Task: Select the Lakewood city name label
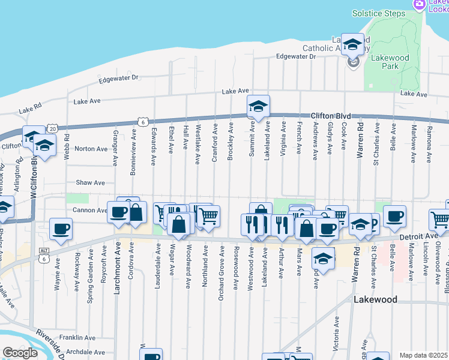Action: pos(375,299)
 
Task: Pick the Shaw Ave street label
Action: pos(90,182)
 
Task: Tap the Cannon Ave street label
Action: pos(89,210)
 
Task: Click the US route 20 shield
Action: pos(53,128)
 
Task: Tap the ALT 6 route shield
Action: pos(44,254)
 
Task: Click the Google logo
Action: pos(20,353)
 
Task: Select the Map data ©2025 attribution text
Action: pos(423,355)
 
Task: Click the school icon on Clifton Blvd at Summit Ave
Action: pos(258,107)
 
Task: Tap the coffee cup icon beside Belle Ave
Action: pos(394,217)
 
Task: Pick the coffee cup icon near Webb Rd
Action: pos(60,229)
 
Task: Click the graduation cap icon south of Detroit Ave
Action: pos(323,259)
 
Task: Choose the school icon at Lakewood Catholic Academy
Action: pos(353,44)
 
